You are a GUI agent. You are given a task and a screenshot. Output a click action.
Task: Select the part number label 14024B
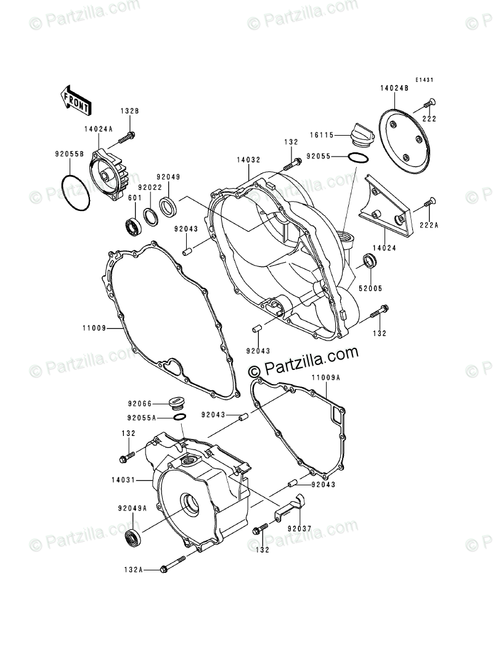click(x=395, y=89)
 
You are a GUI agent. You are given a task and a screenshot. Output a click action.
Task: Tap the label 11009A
click(x=325, y=378)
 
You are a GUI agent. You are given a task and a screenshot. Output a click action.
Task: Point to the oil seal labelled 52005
click(x=369, y=260)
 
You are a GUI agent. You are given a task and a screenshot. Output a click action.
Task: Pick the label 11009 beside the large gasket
click(x=92, y=329)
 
